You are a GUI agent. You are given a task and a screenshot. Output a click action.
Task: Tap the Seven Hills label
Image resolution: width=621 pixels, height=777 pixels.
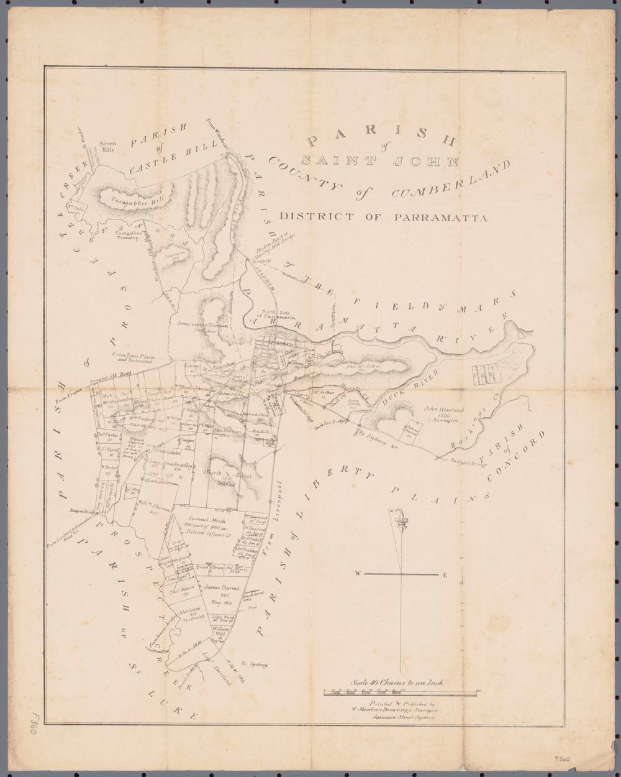pyautogui.click(x=108, y=147)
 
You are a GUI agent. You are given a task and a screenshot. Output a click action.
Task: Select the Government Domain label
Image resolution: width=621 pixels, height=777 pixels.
pyautogui.click(x=203, y=325)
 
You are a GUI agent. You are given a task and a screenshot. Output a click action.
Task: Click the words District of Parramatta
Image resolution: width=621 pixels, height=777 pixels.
pyautogui.click(x=383, y=217)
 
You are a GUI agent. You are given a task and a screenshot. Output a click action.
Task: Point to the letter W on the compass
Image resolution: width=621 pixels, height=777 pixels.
pyautogui.click(x=358, y=574)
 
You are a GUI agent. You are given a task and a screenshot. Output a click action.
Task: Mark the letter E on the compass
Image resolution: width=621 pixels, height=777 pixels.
pyautogui.click(x=445, y=574)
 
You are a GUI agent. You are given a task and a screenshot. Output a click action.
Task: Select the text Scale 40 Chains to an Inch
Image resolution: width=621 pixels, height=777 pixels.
pyautogui.click(x=397, y=681)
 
